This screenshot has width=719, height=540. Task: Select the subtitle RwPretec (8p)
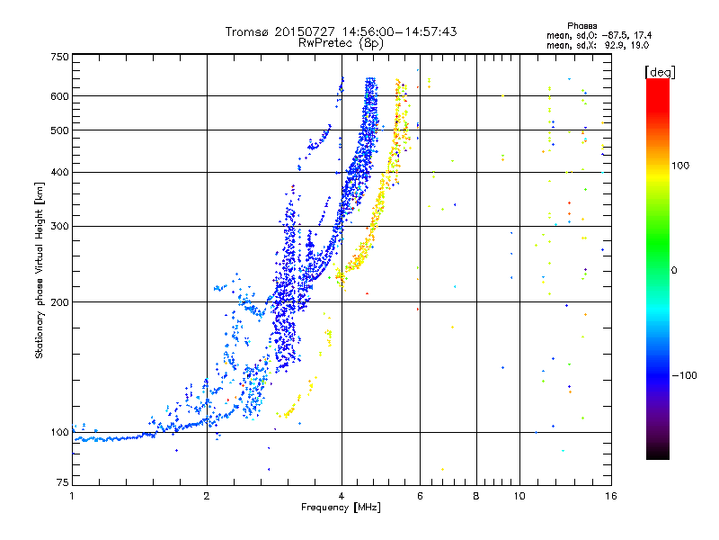pyautogui.click(x=341, y=43)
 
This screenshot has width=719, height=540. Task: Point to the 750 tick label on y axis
pyautogui.click(x=59, y=57)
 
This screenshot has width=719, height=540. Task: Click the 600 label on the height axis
pyautogui.click(x=59, y=96)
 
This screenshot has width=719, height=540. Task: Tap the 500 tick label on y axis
pyautogui.click(x=59, y=130)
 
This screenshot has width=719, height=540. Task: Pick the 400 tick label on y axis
pyautogui.click(x=59, y=173)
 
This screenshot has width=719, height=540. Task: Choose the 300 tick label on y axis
pyautogui.click(x=59, y=227)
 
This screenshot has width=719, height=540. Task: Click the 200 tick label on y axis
pyautogui.click(x=59, y=302)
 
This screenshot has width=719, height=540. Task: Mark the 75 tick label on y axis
pyautogui.click(x=63, y=482)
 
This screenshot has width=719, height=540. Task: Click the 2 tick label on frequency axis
pyautogui.click(x=207, y=496)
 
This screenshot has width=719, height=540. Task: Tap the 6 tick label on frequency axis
pyautogui.click(x=420, y=496)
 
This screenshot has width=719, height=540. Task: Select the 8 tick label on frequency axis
pyautogui.click(x=476, y=496)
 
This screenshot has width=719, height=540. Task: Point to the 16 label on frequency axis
pyautogui.click(x=611, y=496)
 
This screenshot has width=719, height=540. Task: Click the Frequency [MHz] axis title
pyautogui.click(x=341, y=508)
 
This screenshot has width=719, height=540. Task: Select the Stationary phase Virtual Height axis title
pyautogui.click(x=40, y=271)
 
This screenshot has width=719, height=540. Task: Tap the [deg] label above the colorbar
pyautogui.click(x=660, y=72)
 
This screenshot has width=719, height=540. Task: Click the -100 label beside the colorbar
pyautogui.click(x=685, y=375)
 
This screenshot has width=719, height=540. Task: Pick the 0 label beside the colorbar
pyautogui.click(x=674, y=271)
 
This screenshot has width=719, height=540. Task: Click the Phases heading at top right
pyautogui.click(x=581, y=26)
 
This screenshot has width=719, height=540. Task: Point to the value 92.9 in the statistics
pyautogui.click(x=614, y=46)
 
